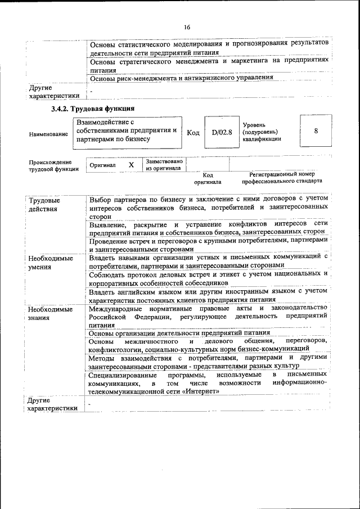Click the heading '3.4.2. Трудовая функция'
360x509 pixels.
click(x=92, y=108)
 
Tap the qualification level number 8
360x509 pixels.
click(x=316, y=130)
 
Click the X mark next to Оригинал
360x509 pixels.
click(x=131, y=165)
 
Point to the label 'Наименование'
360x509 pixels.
click(x=46, y=135)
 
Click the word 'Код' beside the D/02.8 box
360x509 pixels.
click(x=192, y=131)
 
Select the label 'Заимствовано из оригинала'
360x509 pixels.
click(x=164, y=164)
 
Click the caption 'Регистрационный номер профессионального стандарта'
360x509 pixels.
click(x=282, y=178)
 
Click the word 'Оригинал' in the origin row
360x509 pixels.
click(x=102, y=165)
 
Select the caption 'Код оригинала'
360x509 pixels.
click(x=208, y=178)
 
